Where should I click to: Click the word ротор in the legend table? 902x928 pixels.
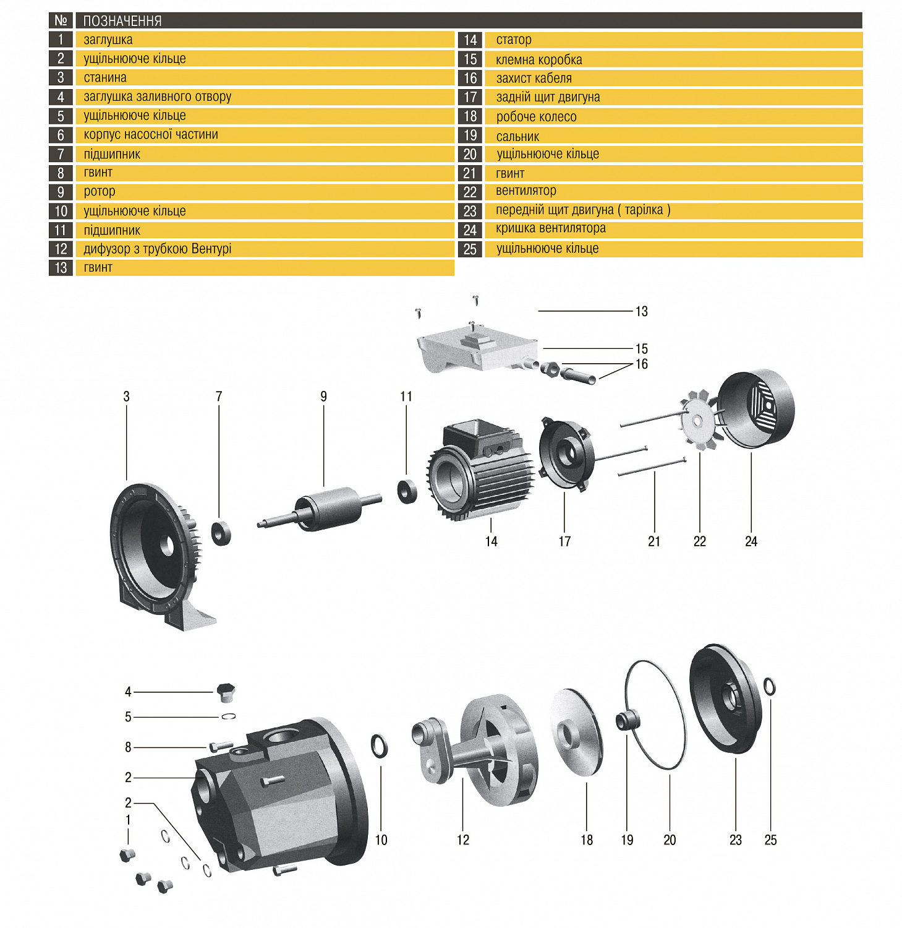pos(100,192)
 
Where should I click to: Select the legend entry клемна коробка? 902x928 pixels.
pos(538,60)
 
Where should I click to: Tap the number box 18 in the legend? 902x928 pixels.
pos(470,116)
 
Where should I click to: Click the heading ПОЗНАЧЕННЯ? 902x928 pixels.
pos(122,21)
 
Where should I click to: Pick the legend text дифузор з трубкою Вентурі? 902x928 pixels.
pos(158,249)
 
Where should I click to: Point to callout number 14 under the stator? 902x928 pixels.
pos(491,542)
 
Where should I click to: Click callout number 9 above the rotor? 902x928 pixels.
pos(323,397)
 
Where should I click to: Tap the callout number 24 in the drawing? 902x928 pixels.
pos(751,542)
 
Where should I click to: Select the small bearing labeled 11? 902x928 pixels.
pos(407,491)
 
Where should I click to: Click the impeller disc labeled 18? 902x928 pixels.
pos(575,733)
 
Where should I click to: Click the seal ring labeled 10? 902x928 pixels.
pos(379,746)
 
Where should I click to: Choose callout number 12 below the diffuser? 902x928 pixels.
pos(463,840)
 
